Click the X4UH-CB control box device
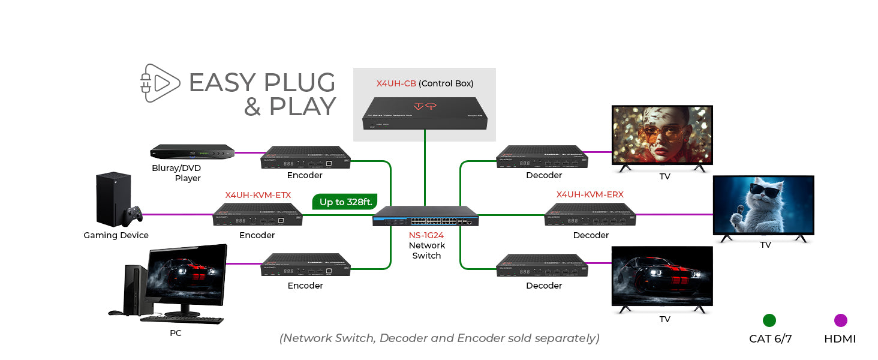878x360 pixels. [425, 113]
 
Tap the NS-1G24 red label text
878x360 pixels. [426, 235]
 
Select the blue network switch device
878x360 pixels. [426, 216]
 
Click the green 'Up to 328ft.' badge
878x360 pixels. [345, 202]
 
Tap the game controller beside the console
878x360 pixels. [133, 214]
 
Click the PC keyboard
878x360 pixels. [182, 320]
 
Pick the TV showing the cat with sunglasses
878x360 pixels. [763, 205]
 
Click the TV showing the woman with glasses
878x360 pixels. [662, 134]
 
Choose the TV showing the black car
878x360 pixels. [662, 276]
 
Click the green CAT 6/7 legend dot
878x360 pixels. [769, 320]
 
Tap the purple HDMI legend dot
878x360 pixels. [840, 320]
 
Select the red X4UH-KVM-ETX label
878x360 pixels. [258, 195]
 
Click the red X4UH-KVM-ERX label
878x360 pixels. [590, 195]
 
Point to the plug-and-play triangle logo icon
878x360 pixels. [160, 83]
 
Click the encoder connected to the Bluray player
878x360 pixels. [306, 157]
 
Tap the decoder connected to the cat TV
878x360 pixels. [590, 215]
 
